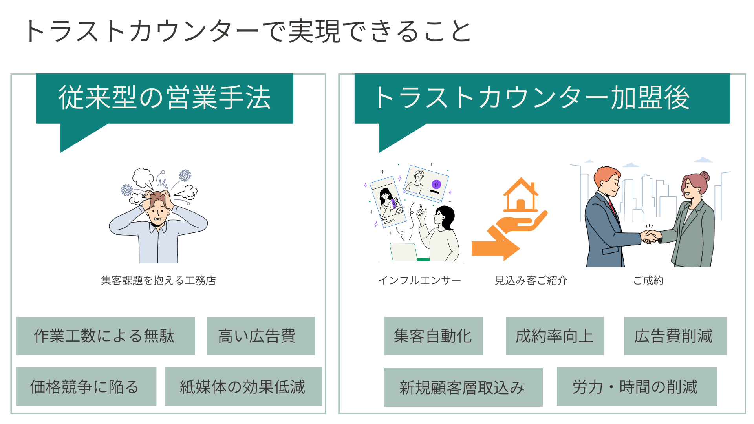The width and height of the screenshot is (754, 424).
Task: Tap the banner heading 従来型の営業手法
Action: point(165,98)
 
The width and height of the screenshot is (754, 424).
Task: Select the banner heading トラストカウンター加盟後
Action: point(532,98)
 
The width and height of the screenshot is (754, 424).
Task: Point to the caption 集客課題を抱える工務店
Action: point(158,280)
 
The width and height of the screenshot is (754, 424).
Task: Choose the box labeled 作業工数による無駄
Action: point(106,336)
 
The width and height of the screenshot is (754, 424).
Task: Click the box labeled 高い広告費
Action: point(261,336)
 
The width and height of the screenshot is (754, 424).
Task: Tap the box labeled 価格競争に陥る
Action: point(86,387)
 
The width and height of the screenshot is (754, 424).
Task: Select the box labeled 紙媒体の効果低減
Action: point(243,387)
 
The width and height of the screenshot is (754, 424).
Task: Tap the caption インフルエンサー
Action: point(419,280)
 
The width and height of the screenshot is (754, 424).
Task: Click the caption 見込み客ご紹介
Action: point(531,280)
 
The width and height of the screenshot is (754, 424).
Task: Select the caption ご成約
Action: point(648,280)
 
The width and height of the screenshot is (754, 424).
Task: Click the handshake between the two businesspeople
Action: point(651,237)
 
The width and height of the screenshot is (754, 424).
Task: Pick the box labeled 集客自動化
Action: point(433,336)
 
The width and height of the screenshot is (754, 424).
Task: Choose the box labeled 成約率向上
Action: point(555,336)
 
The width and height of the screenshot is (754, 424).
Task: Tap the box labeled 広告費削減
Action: point(675,336)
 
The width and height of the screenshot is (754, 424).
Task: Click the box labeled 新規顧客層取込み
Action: point(463,387)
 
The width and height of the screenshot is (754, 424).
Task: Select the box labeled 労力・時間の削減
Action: point(637,387)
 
